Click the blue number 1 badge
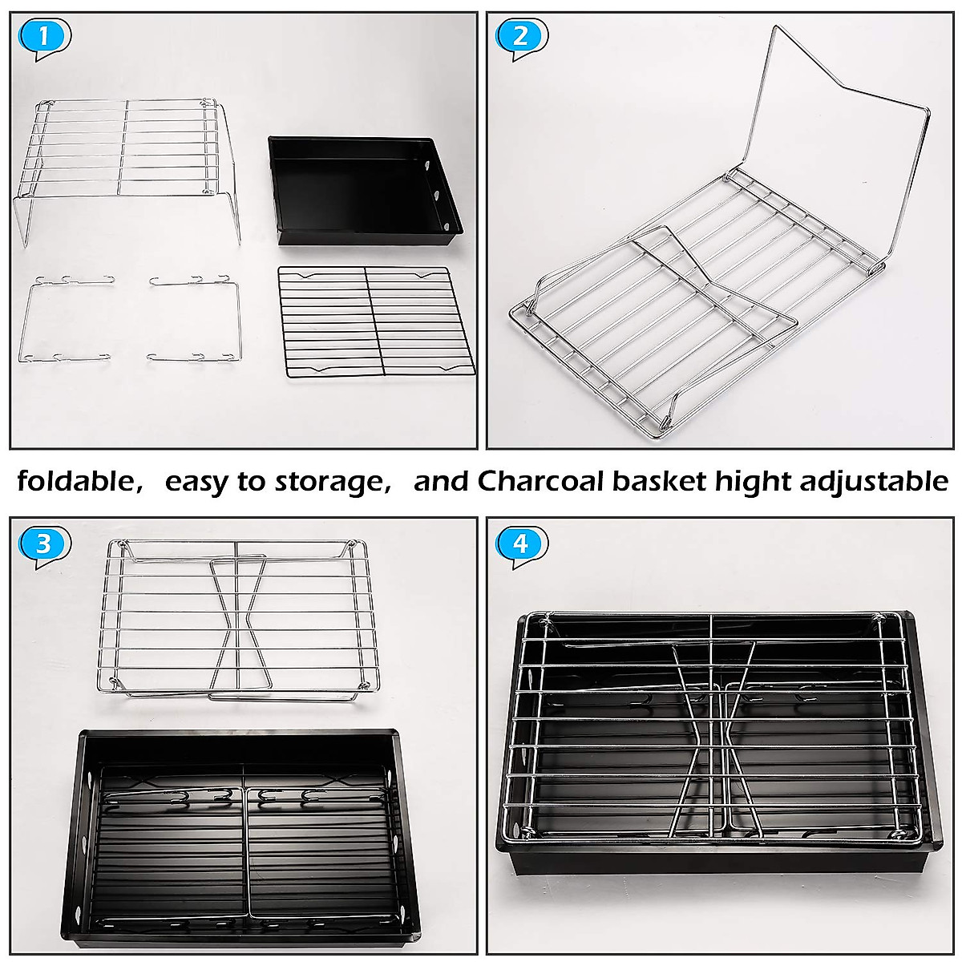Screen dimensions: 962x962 pyautogui.click(x=44, y=36)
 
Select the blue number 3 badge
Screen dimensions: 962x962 pyautogui.click(x=44, y=544)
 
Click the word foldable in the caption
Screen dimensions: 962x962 pyautogui.click(x=75, y=482)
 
